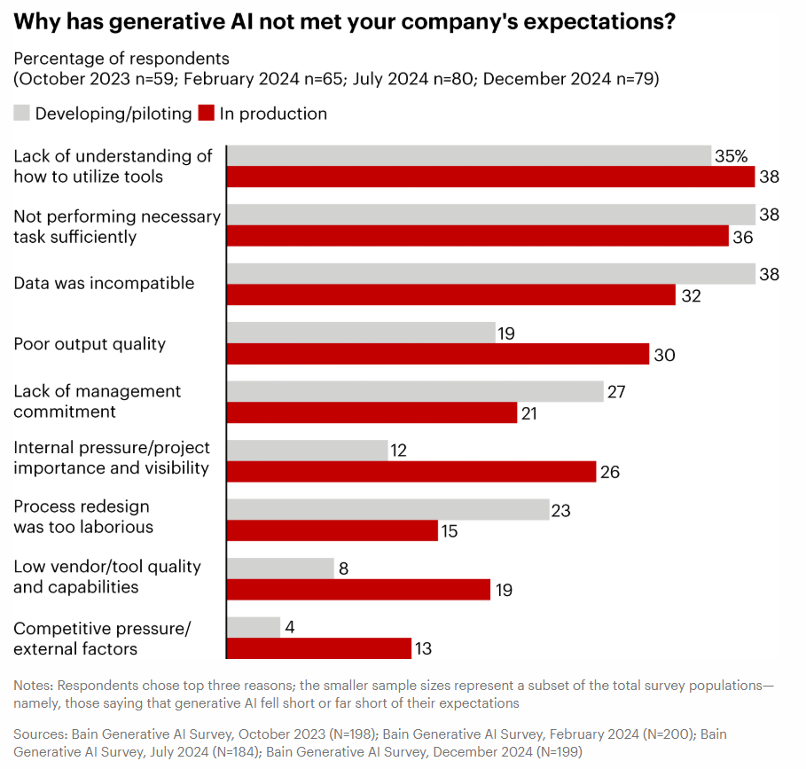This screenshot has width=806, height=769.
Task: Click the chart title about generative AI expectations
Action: (345, 22)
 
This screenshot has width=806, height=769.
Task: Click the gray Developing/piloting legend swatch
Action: (22, 114)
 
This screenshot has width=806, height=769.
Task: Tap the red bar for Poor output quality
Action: (438, 354)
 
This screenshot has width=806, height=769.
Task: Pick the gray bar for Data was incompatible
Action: (490, 274)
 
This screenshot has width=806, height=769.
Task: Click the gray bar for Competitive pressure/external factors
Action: (254, 628)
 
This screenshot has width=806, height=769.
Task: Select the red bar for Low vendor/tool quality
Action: (358, 590)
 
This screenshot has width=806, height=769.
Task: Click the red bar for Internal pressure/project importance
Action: (411, 472)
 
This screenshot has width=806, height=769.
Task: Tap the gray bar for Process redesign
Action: (388, 510)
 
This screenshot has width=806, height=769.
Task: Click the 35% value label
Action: (732, 157)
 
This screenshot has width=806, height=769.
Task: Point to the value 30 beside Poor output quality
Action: (665, 355)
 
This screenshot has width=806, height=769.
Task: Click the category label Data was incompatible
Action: (104, 284)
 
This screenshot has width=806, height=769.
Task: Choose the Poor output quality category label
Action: (90, 344)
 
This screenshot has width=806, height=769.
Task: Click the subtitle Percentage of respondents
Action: (121, 59)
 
